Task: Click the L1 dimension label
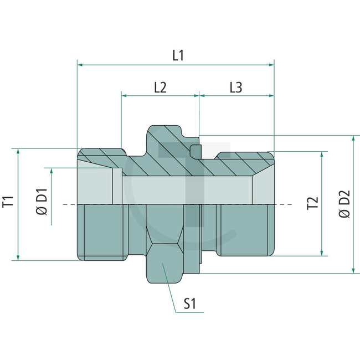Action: coord(178,55)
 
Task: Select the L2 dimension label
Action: coord(160,87)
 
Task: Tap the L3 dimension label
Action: coord(235,87)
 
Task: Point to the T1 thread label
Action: coord(8,202)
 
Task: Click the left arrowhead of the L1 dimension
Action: coord(80,65)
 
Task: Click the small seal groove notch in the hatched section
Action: coord(194,150)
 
